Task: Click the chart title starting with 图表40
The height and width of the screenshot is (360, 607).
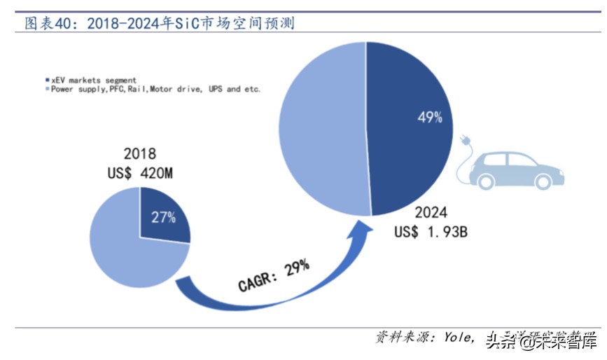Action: pos(160,24)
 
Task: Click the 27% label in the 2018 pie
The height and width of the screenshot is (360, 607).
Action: pos(163,217)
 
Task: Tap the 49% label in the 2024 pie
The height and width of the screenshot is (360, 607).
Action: pos(429,118)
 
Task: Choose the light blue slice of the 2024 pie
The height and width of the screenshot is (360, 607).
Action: pos(322,130)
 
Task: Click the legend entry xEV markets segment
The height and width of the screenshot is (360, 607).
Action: pos(90,80)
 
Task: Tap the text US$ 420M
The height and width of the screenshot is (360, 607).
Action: pos(139,173)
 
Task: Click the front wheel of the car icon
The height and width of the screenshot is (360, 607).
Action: pos(543,181)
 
